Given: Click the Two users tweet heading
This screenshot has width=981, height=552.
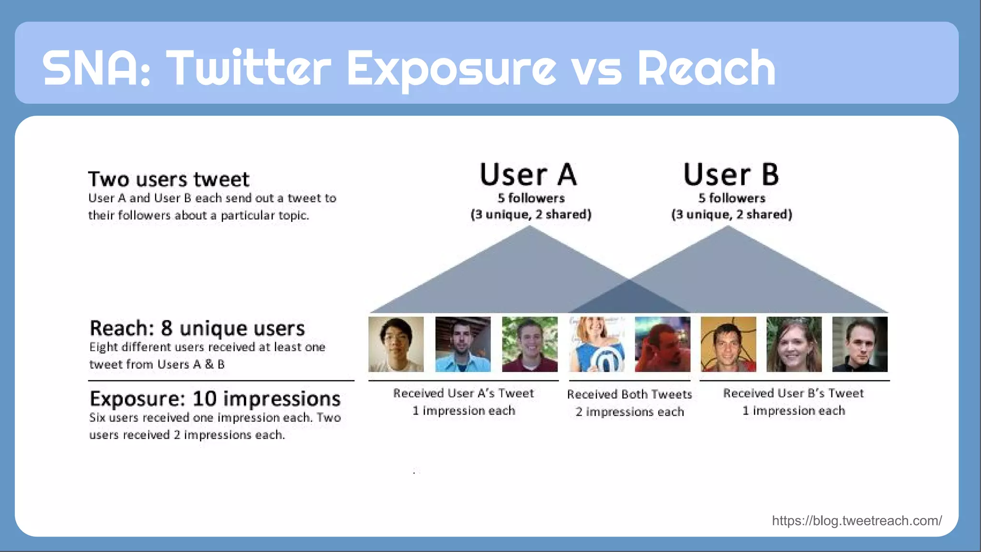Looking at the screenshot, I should click(x=169, y=179).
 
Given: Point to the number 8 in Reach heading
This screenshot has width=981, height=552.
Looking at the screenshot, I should click(x=166, y=329).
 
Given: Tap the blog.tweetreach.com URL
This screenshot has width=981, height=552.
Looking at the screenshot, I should click(x=856, y=520).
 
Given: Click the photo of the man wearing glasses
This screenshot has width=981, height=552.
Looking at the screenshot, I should click(x=396, y=344).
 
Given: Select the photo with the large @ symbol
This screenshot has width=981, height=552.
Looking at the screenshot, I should click(x=597, y=344).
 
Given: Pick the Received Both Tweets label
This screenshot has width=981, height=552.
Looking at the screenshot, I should click(x=629, y=394).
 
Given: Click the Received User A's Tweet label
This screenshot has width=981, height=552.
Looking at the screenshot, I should click(x=463, y=393).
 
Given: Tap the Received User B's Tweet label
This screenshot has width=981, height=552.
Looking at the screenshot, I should click(x=793, y=393).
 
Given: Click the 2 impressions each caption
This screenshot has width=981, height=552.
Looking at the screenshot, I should click(x=629, y=412).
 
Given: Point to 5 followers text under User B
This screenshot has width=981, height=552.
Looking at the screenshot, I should click(x=731, y=198).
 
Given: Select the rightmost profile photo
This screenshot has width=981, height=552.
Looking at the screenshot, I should click(x=860, y=344).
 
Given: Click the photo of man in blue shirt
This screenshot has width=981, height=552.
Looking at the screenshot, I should click(x=463, y=344).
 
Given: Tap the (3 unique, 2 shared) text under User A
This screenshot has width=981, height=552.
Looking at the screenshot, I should click(x=531, y=214).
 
